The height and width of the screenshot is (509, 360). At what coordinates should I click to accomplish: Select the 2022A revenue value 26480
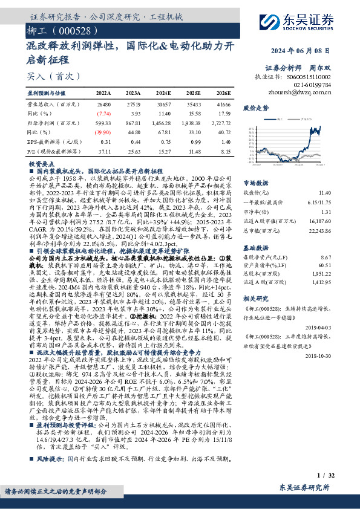pyautogui.click(x=103, y=105)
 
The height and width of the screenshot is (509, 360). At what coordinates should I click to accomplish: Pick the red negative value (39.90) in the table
pyautogui.click(x=103, y=131)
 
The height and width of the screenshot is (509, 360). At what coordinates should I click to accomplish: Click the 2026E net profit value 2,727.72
pyautogui.click(x=219, y=122)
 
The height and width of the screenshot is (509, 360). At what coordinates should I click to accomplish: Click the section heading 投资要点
pyautogui.click(x=41, y=164)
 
